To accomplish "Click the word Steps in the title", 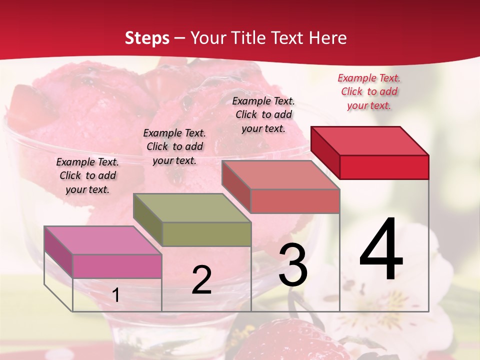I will point(147,38).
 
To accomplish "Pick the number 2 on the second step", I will point(201,280).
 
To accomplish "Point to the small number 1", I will point(116,295).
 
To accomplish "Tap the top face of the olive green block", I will point(192,207).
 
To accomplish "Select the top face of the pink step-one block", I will point(103,240).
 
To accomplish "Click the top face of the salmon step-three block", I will point(281,174).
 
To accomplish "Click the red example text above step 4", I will point(369,91).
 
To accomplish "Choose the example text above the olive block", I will point(174,146).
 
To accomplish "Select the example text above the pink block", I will point(87,175).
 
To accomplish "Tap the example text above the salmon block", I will point(263,114).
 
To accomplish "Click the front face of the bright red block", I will point(384,167).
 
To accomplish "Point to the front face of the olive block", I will point(206,234).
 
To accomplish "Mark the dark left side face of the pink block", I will point(58,252).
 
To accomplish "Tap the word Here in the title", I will point(328,38).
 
